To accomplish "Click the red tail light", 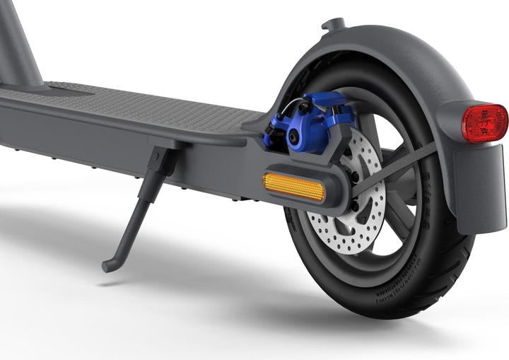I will tap(484, 122).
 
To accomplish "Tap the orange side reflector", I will tap(293, 187).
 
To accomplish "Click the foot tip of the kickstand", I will tap(109, 266).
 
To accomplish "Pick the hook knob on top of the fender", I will tap(333, 24).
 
